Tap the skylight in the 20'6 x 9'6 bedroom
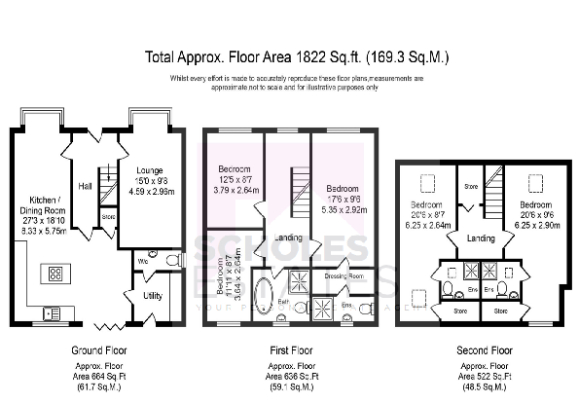tap(535, 182)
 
